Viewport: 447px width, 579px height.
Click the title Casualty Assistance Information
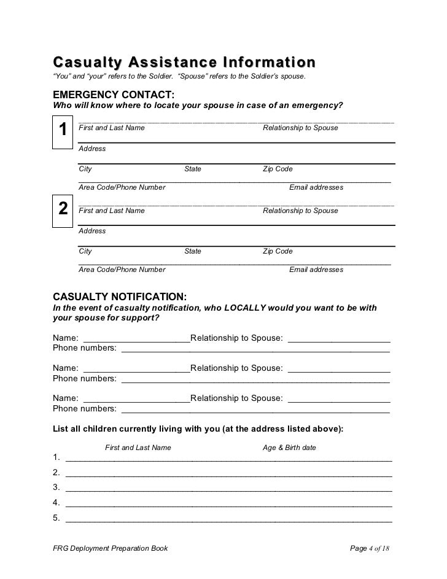point(184,63)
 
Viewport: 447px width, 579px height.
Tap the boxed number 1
point(62,130)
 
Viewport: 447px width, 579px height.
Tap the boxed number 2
point(62,209)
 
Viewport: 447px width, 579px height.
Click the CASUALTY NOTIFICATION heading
point(120,295)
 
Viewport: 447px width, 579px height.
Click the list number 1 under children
point(56,457)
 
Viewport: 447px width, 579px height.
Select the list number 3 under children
point(56,488)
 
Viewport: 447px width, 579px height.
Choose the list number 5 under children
point(56,518)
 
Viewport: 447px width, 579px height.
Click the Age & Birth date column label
point(289,448)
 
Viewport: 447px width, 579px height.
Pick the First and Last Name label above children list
point(138,448)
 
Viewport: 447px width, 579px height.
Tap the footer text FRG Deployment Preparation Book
point(110,548)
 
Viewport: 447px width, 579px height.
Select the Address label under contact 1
point(92,149)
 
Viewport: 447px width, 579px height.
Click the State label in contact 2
point(193,251)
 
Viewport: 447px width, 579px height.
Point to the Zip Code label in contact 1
point(278,169)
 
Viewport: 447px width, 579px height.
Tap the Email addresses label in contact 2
point(316,270)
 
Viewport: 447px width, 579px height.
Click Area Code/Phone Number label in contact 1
point(122,187)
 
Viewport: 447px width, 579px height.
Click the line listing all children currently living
point(198,429)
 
